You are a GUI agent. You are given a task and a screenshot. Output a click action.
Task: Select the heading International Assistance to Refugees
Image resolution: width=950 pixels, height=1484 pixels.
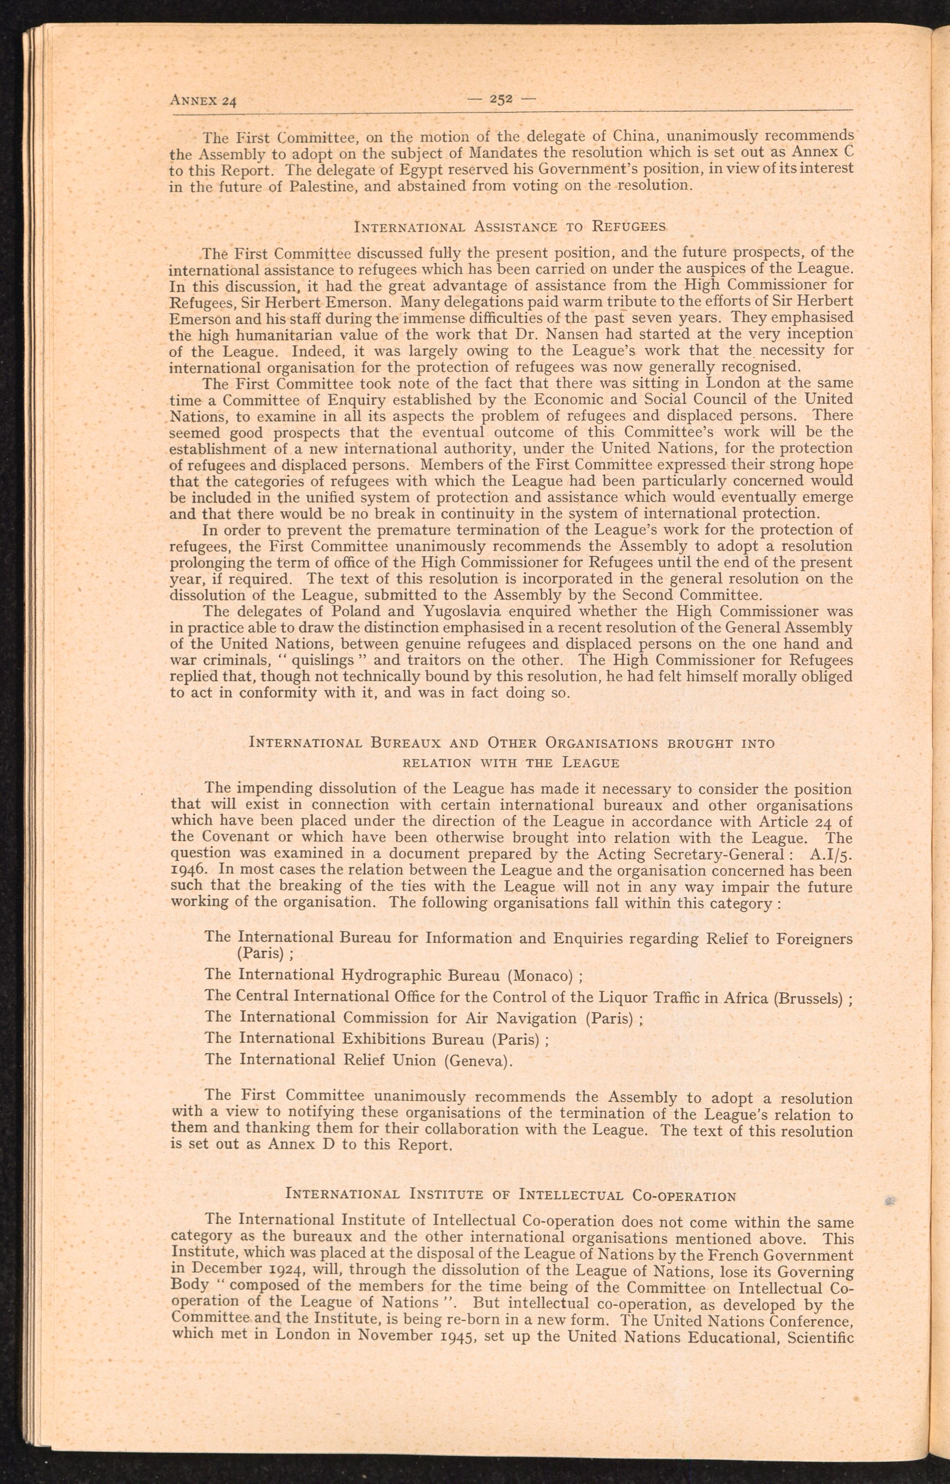coord(510,226)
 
